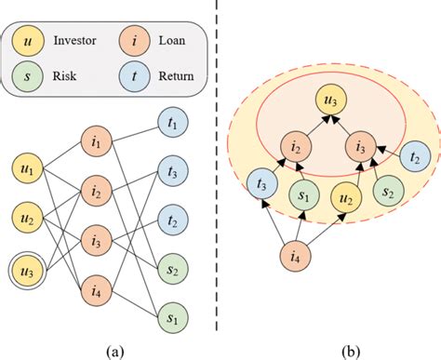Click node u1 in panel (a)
pyautogui.click(x=30, y=171)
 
